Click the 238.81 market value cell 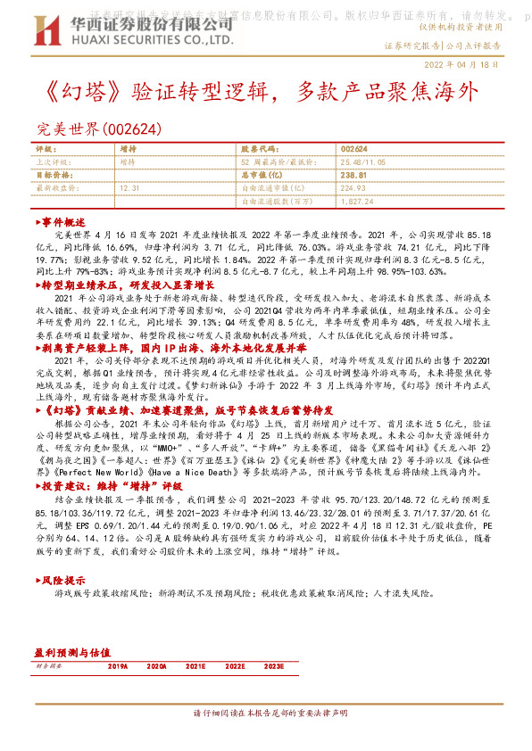point(354,177)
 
